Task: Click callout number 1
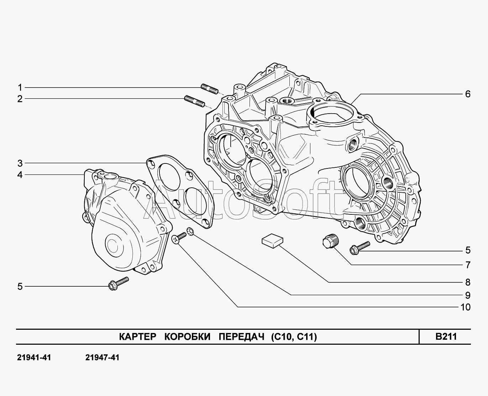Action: point(20,88)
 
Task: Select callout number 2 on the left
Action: point(20,99)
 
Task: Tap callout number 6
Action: point(468,94)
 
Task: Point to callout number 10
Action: point(465,307)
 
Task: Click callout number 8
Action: point(468,282)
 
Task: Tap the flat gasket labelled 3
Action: point(180,191)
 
